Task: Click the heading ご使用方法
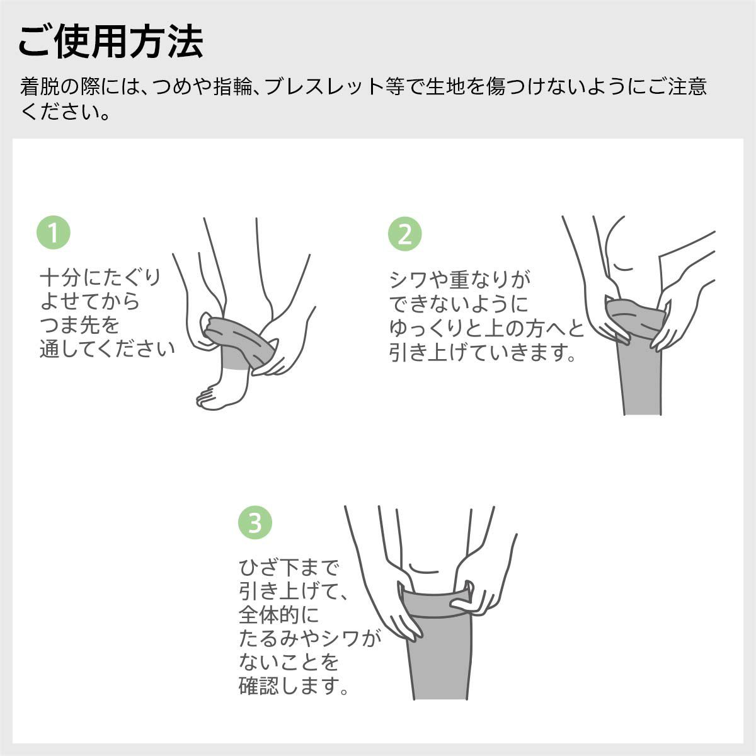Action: tap(111, 42)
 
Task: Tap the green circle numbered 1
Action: tap(54, 233)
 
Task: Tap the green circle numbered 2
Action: tap(404, 234)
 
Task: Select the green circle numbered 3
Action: tap(255, 522)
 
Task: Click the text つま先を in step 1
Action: tap(79, 325)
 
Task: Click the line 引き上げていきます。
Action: tap(483, 353)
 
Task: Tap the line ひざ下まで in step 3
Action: tap(289, 568)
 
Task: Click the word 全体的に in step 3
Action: tap(279, 614)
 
